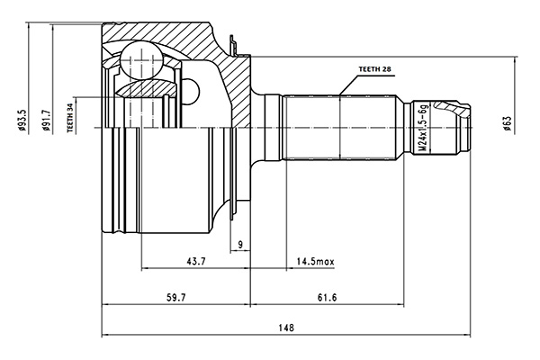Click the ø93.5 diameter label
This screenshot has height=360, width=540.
[22, 121]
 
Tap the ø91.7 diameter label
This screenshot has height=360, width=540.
[46, 121]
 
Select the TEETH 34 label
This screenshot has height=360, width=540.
[70, 118]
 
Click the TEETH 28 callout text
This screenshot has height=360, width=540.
[375, 69]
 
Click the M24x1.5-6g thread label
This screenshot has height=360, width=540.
[424, 128]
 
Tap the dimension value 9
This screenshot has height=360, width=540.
[240, 244]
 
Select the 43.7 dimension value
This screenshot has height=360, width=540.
[196, 262]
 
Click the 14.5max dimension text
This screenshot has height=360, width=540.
[316, 262]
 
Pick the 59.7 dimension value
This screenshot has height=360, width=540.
[176, 297]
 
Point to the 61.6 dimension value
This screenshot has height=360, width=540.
[328, 297]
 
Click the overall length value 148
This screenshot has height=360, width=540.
[286, 328]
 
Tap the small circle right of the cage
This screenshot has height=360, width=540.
[191, 91]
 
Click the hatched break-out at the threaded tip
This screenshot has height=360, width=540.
[452, 108]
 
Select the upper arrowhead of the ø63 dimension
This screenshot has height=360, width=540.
[515, 60]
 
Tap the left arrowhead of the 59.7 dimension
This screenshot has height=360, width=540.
[106, 304]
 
